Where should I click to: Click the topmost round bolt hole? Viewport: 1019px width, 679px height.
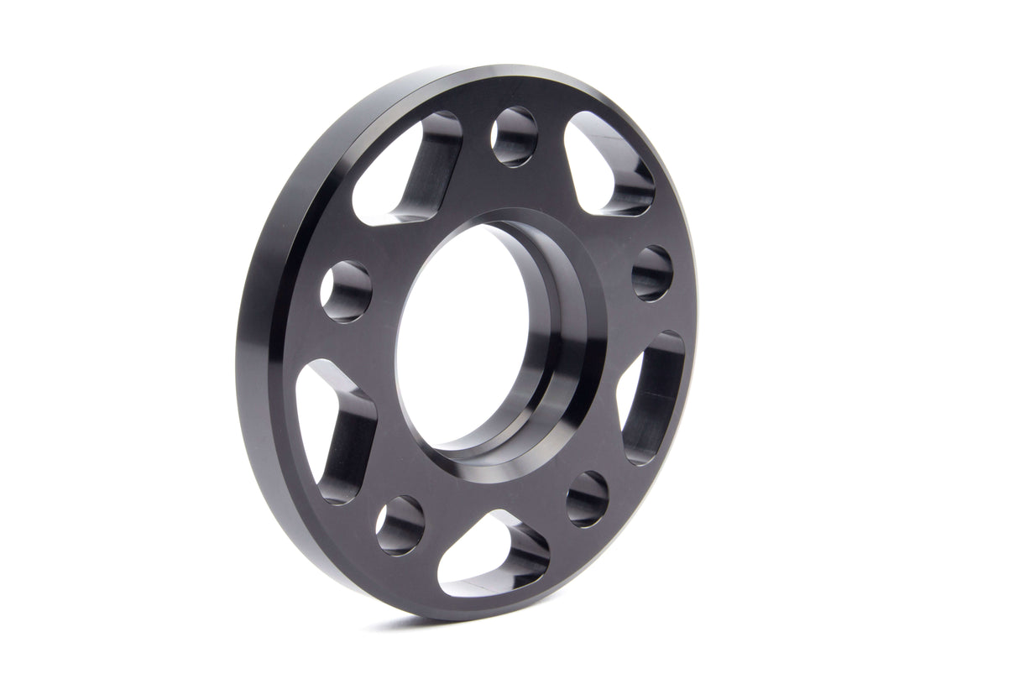[514, 136]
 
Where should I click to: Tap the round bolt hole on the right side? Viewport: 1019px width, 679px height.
[652, 273]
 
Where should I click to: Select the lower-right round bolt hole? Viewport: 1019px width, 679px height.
[587, 499]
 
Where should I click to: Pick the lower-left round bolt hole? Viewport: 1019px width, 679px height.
[400, 525]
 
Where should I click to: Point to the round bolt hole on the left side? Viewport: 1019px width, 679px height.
[346, 291]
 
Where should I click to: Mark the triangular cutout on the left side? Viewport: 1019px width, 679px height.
[332, 428]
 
